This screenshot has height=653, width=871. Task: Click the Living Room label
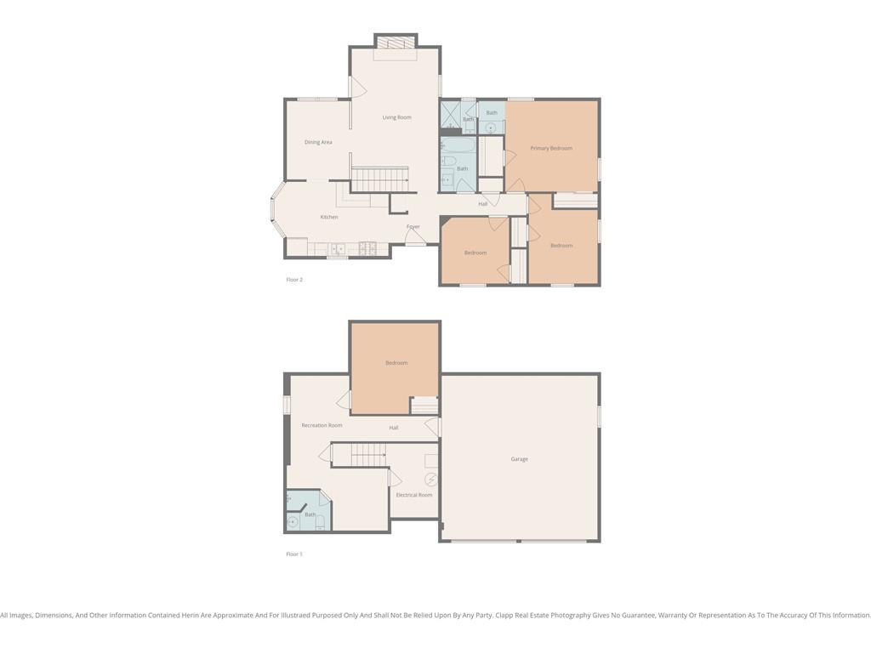click(396, 117)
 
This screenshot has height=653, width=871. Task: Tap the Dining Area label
click(318, 142)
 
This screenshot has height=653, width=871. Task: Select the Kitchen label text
click(329, 217)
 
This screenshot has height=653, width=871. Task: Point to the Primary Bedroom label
click(551, 148)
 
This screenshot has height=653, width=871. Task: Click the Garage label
click(520, 459)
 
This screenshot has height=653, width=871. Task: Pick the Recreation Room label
click(322, 425)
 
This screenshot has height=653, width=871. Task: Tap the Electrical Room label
click(414, 495)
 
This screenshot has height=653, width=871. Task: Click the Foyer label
click(413, 226)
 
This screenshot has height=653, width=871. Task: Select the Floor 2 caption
click(294, 280)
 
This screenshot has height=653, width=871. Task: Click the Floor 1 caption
click(294, 554)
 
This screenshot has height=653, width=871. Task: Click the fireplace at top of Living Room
click(395, 43)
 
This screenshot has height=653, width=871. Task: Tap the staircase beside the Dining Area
click(380, 179)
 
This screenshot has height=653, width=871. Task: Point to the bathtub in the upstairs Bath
click(458, 145)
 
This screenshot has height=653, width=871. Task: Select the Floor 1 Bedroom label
click(396, 363)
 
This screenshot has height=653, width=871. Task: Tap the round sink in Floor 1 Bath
click(293, 522)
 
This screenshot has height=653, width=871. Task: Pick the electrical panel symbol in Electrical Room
click(431, 480)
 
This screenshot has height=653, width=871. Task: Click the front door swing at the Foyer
click(415, 237)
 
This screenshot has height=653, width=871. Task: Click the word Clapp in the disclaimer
click(505, 616)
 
